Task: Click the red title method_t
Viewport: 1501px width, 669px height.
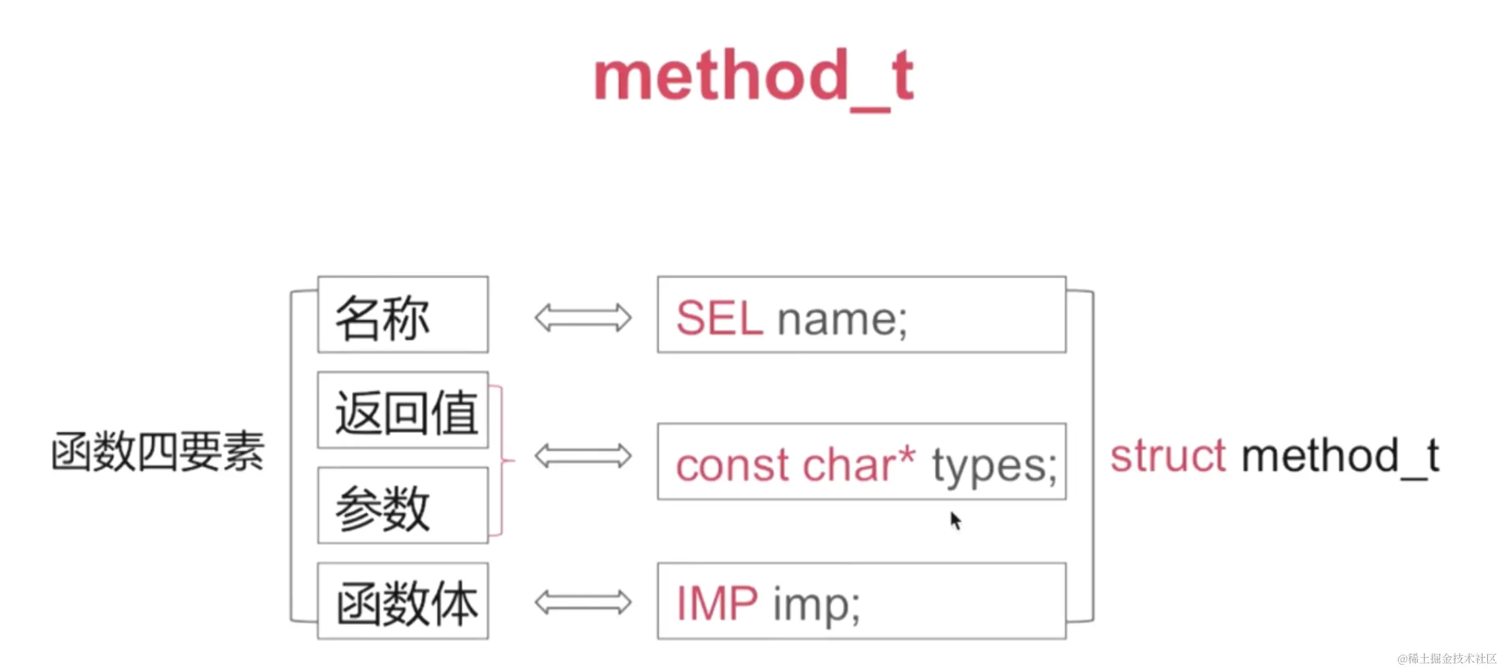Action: pyautogui.click(x=754, y=78)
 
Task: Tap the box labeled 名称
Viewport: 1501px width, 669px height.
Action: pyautogui.click(x=403, y=315)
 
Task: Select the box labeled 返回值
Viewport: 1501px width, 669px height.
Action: pyautogui.click(x=403, y=410)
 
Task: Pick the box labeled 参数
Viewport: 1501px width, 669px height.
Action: pyautogui.click(x=403, y=505)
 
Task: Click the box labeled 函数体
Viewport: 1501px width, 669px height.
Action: pyautogui.click(x=403, y=601)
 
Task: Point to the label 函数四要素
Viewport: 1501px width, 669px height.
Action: pyautogui.click(x=158, y=451)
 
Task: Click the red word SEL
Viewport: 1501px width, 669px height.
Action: pyautogui.click(x=719, y=318)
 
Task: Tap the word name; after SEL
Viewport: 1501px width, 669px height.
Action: pyautogui.click(x=843, y=320)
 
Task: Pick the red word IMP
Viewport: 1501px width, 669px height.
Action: pyautogui.click(x=717, y=603)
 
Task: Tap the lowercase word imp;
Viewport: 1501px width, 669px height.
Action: pyautogui.click(x=817, y=605)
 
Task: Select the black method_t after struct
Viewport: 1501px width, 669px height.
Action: pyautogui.click(x=1340, y=457)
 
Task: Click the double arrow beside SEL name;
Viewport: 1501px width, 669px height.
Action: pyautogui.click(x=583, y=318)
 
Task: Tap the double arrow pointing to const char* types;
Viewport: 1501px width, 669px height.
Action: pyautogui.click(x=583, y=455)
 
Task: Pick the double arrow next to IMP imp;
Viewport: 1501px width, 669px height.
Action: pyautogui.click(x=583, y=602)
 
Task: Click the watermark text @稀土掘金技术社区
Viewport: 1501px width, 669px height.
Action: pyautogui.click(x=1447, y=658)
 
